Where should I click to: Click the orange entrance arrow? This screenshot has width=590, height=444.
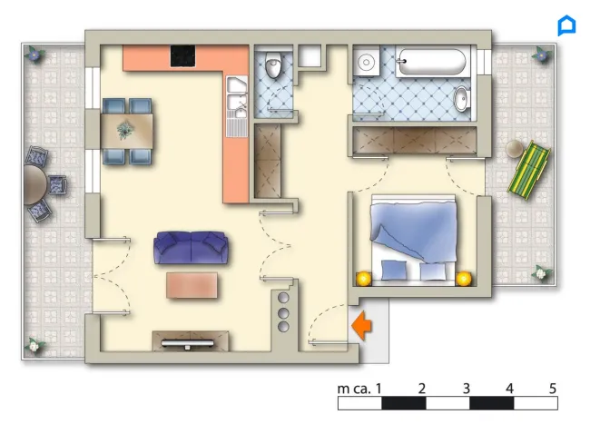pos(362,325)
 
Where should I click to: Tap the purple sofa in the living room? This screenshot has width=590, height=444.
pos(191,248)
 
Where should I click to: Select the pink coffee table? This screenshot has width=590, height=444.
pos(192,286)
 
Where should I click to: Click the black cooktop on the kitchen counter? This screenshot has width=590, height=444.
pos(182,56)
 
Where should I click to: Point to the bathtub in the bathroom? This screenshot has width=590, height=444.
pos(432,62)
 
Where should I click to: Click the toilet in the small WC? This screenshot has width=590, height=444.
pos(273,64)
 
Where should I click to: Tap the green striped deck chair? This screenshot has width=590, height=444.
pos(528,170)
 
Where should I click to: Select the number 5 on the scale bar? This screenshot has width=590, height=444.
pos(553,389)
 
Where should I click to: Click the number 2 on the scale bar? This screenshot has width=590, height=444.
pos(422,389)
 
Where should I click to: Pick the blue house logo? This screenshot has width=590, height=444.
pos(566,25)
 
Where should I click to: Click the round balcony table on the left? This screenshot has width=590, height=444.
pos(34,185)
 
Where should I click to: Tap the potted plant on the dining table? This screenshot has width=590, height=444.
pos(125,130)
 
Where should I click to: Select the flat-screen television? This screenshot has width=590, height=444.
pos(187,344)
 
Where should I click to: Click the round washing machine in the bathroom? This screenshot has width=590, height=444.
pos(366,61)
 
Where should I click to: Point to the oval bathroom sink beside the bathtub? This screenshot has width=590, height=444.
pos(461,99)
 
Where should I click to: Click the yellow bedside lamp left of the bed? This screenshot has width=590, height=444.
pos(364,279)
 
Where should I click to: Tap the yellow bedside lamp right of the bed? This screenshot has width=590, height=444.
pos(464,279)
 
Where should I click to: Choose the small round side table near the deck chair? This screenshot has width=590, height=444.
pos(515,149)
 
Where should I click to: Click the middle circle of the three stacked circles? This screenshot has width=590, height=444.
pos(283,313)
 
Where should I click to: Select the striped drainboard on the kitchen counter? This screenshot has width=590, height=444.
pos(236,128)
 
